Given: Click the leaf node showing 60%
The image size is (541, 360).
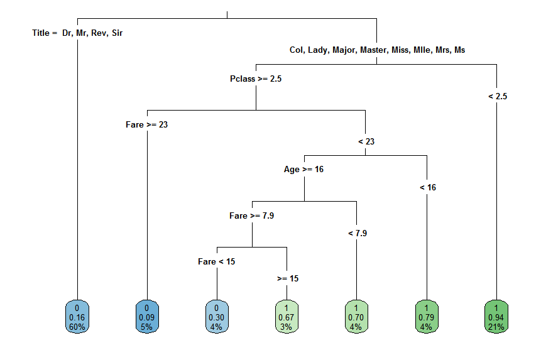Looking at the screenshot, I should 77,317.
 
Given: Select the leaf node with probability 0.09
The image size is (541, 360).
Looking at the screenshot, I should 147,317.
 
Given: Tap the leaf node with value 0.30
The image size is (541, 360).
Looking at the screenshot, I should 217,317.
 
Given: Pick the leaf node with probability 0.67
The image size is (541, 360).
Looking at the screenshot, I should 287,317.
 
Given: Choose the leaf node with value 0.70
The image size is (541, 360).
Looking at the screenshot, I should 357,317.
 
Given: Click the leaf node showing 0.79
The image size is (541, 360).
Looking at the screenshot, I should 427,317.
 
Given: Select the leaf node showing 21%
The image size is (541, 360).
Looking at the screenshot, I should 497,317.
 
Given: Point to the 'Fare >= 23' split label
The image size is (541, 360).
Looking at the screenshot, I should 146,124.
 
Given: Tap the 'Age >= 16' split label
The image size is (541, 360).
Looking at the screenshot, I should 303,169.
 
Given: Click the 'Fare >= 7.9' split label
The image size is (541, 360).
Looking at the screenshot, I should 251,215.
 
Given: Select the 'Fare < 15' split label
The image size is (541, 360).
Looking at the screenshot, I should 216,261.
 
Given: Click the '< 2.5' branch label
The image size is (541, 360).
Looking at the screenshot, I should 497,96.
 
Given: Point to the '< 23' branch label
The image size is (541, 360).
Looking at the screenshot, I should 366,141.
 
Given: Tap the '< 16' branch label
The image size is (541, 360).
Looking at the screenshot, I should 427,187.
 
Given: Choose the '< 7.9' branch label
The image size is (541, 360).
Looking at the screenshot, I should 357,233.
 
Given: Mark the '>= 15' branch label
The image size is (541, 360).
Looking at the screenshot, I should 287,278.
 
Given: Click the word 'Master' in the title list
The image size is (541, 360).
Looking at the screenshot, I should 374,50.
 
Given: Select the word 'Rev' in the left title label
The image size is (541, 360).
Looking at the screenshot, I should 99,33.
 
